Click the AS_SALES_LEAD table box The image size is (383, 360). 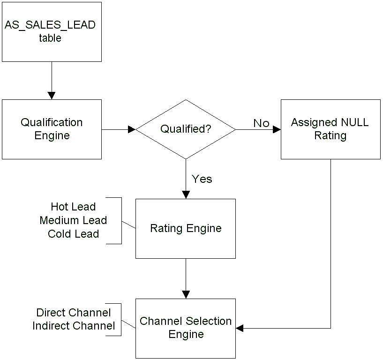(52, 31)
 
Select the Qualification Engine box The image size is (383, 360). (52, 129)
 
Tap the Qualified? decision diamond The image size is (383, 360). (186, 129)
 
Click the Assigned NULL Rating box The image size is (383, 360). (330, 129)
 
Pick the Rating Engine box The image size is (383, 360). (186, 228)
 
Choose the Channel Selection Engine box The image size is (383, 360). (186, 328)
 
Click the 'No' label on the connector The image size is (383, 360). (262, 123)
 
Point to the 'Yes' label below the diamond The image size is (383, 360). (202, 179)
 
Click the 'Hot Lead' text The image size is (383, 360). (73, 207)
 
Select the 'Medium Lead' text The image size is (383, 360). (73, 220)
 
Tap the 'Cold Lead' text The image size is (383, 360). (73, 234)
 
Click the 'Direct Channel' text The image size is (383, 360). (74, 313)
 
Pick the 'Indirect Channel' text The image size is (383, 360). (74, 326)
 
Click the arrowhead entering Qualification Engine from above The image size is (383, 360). (52, 96)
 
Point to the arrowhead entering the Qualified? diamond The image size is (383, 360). (132, 129)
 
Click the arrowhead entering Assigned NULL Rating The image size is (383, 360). (277, 129)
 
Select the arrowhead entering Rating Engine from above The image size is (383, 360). (186, 195)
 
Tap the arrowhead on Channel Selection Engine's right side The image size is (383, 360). (240, 328)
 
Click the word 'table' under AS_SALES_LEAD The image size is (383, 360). (50, 38)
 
